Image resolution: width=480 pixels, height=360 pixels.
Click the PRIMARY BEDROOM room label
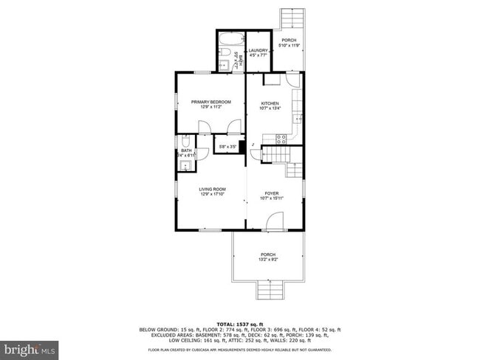tap(210, 102)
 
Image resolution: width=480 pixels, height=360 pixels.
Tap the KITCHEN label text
tap(269, 103)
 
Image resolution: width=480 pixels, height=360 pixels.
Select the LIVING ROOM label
tap(211, 189)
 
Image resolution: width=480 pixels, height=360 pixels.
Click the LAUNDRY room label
tap(258, 50)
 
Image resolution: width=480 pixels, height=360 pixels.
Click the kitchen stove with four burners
tap(281, 138)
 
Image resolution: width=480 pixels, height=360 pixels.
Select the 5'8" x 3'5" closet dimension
tap(227, 147)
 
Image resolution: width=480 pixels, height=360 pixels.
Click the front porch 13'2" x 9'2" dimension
tap(267, 260)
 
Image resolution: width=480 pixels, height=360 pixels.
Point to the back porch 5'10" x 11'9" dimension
tap(289, 46)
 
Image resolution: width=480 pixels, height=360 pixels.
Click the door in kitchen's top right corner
tap(293, 80)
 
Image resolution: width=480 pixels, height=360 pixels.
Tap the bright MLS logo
tap(30, 347)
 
